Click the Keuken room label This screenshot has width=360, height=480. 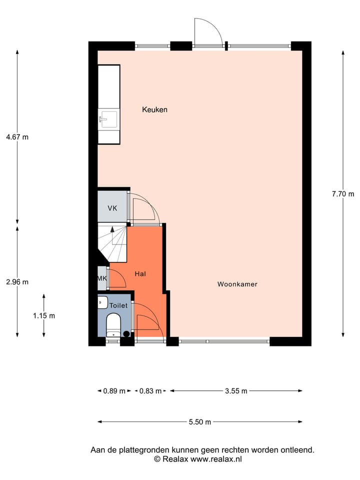pos(154,109)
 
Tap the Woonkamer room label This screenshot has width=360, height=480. pos(237,284)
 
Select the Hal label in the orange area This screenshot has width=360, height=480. pos(140,274)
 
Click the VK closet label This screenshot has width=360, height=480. pos(112,208)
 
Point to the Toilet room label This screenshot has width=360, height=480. pos(119,305)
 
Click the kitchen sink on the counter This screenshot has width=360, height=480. pos(108,119)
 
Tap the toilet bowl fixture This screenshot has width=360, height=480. pos(114,323)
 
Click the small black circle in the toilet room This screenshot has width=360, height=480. pos(126,333)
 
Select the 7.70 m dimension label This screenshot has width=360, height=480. pos(342,194)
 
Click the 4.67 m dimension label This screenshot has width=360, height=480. pos(17,137)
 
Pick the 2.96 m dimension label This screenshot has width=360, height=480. pos(17,281)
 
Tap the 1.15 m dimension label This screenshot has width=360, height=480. pos(44,315)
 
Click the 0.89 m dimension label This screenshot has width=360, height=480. pos(114,391)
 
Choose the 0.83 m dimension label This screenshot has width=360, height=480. pos(150,391)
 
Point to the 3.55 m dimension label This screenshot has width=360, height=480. pos(236,391)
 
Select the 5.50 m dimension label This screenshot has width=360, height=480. pos(200,422)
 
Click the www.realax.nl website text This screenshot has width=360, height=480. pos(216,458)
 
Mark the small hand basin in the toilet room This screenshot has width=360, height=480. pos(102,302)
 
